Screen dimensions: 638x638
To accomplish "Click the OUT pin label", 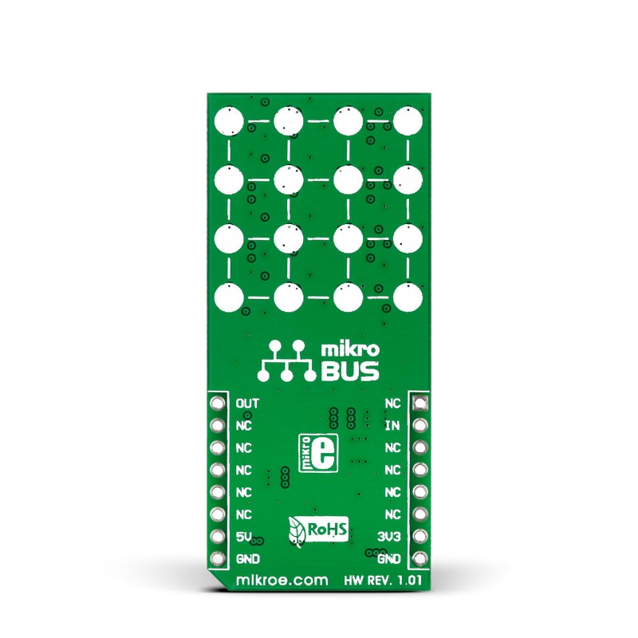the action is [247, 404].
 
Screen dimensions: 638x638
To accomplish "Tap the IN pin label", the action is [392, 426].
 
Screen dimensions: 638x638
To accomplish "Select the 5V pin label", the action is [244, 537].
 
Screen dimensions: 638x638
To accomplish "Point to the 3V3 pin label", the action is [388, 537].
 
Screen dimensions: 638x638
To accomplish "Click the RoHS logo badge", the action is [318, 530].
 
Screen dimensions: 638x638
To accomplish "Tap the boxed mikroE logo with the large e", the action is [318, 453].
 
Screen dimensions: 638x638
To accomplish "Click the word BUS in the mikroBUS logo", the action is [350, 371].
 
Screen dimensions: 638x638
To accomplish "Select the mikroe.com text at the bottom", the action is [282, 580].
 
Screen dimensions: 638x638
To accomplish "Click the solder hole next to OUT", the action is [217, 404].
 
